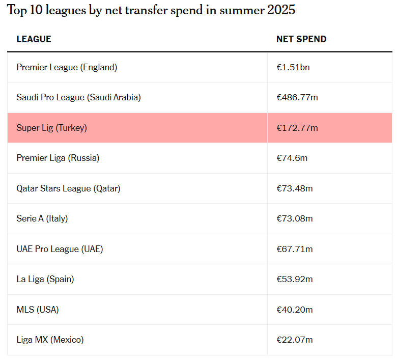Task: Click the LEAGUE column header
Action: click(x=34, y=39)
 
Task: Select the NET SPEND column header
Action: click(x=301, y=39)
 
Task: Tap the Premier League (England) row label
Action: click(x=67, y=67)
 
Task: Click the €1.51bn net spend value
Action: click(x=293, y=67)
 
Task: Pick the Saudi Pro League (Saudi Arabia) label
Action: click(x=78, y=97)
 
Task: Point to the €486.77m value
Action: click(x=297, y=97)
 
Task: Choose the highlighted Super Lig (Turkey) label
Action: click(x=51, y=128)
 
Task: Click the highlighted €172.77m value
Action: click(x=297, y=128)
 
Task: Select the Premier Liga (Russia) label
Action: click(x=58, y=158)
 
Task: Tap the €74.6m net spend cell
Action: click(x=292, y=158)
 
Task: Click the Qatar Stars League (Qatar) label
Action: click(x=68, y=188)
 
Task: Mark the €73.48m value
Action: click(x=295, y=188)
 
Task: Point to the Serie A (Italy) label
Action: click(x=42, y=218)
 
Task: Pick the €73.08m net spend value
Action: click(x=295, y=218)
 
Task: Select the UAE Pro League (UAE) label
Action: click(x=60, y=249)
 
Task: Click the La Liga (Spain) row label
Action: click(x=45, y=279)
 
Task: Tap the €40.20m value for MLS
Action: click(x=295, y=310)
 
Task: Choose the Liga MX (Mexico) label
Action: click(x=50, y=340)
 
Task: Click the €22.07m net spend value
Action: click(x=295, y=340)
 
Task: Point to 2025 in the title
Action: click(x=281, y=10)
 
